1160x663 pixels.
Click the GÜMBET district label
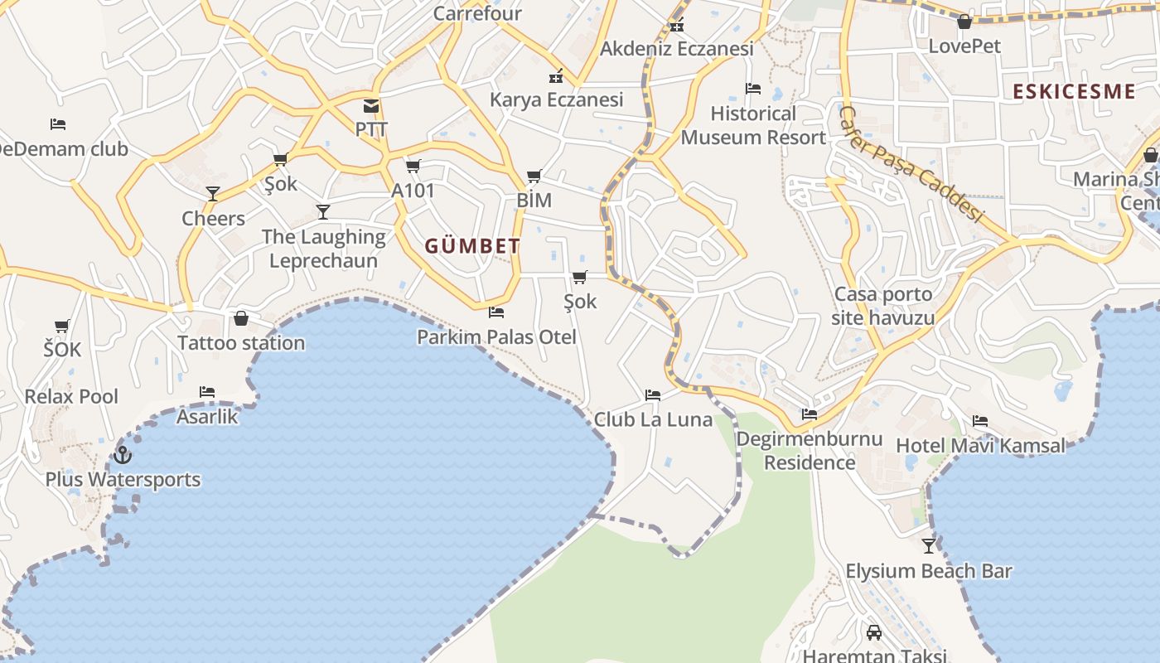pyautogui.click(x=472, y=246)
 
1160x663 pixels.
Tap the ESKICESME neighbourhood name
pyautogui.click(x=1074, y=91)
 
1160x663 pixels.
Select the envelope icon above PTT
pyautogui.click(x=370, y=106)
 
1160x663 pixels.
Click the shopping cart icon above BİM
pyautogui.click(x=534, y=177)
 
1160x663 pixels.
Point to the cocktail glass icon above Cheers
pyautogui.click(x=213, y=194)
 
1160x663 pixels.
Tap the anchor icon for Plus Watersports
pyautogui.click(x=123, y=455)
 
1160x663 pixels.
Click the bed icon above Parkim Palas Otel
pyautogui.click(x=496, y=312)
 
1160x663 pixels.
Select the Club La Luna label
pyautogui.click(x=653, y=419)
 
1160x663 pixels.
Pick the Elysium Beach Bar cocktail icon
pyautogui.click(x=929, y=546)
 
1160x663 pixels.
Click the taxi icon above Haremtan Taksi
pyautogui.click(x=873, y=633)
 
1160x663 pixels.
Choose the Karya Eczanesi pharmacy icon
pyautogui.click(x=556, y=76)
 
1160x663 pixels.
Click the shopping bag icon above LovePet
pyautogui.click(x=964, y=22)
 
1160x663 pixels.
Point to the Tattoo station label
pyautogui.click(x=241, y=342)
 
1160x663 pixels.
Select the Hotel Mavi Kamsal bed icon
pyautogui.click(x=980, y=421)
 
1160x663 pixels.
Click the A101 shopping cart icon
pyautogui.click(x=413, y=167)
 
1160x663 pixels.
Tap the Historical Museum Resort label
pyautogui.click(x=753, y=125)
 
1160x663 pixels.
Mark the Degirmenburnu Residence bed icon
pyautogui.click(x=810, y=414)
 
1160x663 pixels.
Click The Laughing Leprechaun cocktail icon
pyautogui.click(x=323, y=212)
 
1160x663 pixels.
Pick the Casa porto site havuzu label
pyautogui.click(x=883, y=306)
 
